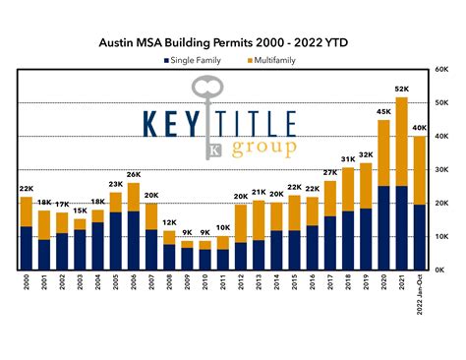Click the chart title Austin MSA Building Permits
click(x=232, y=43)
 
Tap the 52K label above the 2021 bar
click(x=401, y=88)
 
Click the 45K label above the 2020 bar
click(x=383, y=111)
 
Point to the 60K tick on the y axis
click(x=444, y=70)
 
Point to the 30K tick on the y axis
click(x=444, y=169)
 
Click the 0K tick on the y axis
click(x=442, y=270)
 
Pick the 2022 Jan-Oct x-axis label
click(x=420, y=295)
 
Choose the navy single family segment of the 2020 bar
click(x=383, y=227)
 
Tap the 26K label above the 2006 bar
click(x=135, y=174)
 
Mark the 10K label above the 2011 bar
click(x=224, y=227)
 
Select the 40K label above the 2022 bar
click(x=420, y=128)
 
